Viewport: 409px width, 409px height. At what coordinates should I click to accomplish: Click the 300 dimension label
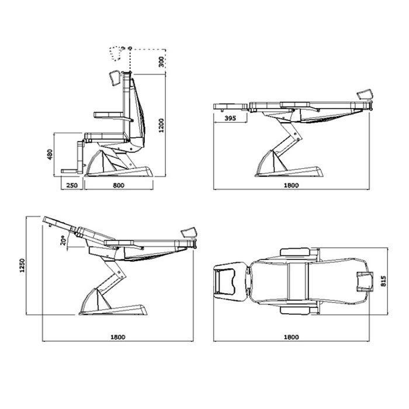coord(161,62)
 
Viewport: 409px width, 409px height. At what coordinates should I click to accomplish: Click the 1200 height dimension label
coord(161,126)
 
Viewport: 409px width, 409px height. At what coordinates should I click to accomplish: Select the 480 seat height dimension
coord(50,154)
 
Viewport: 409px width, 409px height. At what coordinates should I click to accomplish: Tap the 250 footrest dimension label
coord(72,185)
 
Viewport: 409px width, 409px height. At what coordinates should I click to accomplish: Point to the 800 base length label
coord(119,185)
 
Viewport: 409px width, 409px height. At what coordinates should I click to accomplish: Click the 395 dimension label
coord(230,118)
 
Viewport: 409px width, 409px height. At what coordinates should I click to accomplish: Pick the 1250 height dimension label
coord(22,265)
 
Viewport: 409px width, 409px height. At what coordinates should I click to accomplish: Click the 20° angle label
coord(63,241)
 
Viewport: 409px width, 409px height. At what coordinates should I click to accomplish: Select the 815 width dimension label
coord(383,281)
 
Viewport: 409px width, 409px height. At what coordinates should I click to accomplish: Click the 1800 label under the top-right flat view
coord(291,185)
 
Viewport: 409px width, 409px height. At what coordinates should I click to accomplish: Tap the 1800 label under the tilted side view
coord(118,337)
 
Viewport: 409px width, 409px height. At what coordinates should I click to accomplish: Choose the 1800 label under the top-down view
coord(291,337)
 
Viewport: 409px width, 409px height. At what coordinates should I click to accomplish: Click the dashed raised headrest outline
coord(115,54)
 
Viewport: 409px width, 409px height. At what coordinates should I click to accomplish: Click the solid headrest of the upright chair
coord(115,78)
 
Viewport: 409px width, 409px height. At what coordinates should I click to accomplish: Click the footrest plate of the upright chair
coord(70,171)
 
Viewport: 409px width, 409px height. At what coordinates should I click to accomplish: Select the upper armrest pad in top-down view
coord(295,252)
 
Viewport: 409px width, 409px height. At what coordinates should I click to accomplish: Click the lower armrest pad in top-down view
coord(295,310)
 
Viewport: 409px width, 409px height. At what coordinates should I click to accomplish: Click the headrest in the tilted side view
coord(189,233)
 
